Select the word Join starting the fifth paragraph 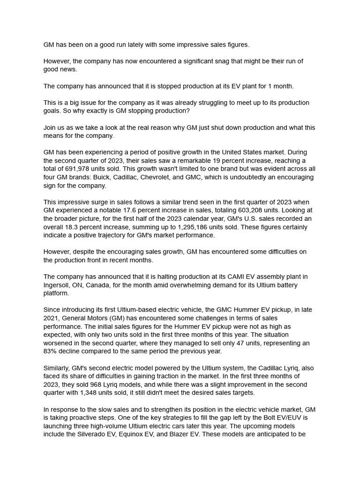pyautogui.click(x=50, y=127)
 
